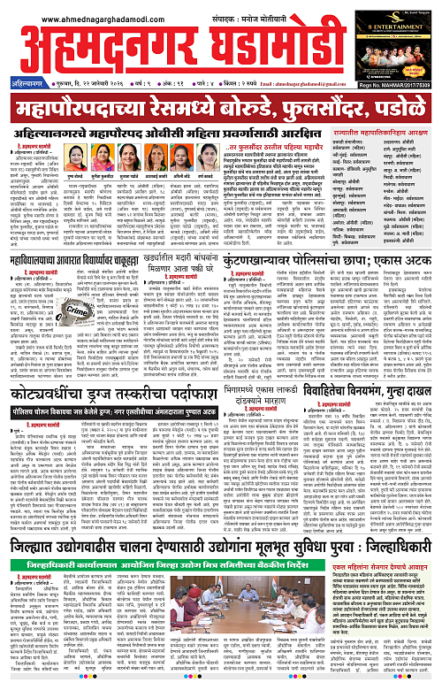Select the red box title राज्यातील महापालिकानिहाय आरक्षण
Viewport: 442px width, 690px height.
(380, 133)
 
